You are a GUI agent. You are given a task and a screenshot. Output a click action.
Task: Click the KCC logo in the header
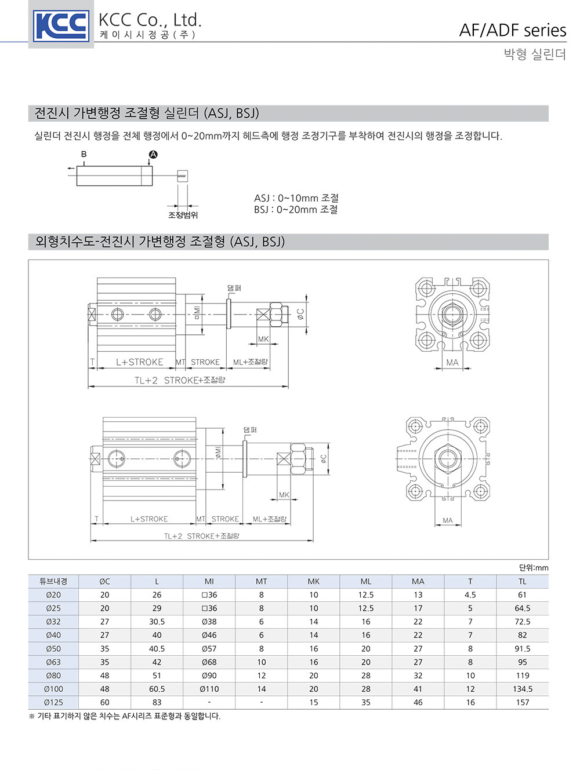pos(61,26)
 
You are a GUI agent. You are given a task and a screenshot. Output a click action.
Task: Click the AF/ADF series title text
pos(513,30)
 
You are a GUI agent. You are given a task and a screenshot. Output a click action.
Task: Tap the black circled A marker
pos(153,154)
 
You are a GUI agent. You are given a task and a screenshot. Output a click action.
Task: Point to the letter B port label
pos(84,154)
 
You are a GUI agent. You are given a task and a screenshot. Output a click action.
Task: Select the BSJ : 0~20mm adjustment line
pos(296,210)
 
